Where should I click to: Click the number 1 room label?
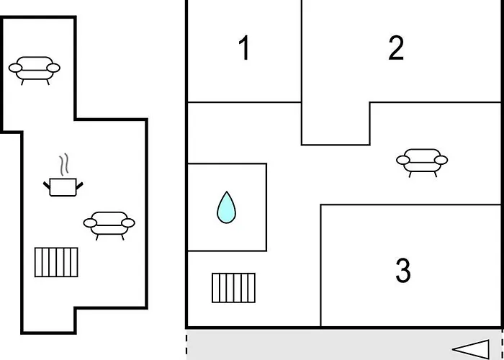[x=245, y=48]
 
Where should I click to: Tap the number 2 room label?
[x=396, y=48]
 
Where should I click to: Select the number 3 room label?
[x=403, y=271]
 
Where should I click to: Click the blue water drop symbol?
[x=226, y=207]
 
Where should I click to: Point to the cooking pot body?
[x=63, y=187]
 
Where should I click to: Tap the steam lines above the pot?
[x=64, y=164]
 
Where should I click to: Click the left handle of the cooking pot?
[x=47, y=185]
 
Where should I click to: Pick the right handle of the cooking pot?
[x=79, y=186]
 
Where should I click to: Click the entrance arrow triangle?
[x=471, y=349]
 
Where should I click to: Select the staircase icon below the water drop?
[x=234, y=288]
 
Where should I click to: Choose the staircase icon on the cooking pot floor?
[x=56, y=262]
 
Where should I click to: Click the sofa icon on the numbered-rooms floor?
[x=422, y=163]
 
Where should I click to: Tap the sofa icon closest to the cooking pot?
[x=109, y=225]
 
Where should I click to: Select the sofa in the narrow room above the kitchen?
[x=34, y=71]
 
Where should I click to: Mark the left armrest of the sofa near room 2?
[x=403, y=160]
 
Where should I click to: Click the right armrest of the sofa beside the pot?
[x=128, y=222]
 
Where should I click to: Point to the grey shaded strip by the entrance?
[x=344, y=345]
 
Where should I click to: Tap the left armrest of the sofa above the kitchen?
[x=15, y=68]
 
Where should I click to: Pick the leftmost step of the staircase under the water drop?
[x=215, y=288]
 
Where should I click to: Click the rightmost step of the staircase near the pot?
[x=74, y=262]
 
